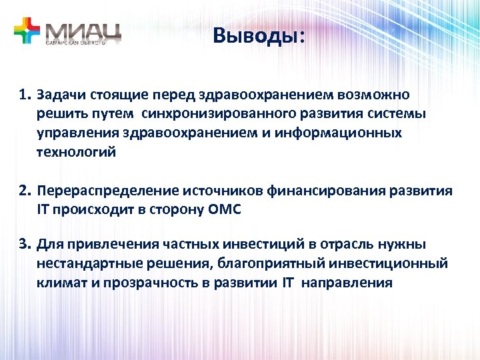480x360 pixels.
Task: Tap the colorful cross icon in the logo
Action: [x=27, y=29]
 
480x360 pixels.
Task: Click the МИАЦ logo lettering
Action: [x=83, y=29]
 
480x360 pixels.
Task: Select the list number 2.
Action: [x=25, y=191]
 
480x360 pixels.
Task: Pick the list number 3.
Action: [x=25, y=244]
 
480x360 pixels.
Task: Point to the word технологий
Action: [x=76, y=152]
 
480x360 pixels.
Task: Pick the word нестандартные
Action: [x=83, y=263]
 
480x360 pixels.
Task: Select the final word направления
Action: [x=347, y=283]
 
